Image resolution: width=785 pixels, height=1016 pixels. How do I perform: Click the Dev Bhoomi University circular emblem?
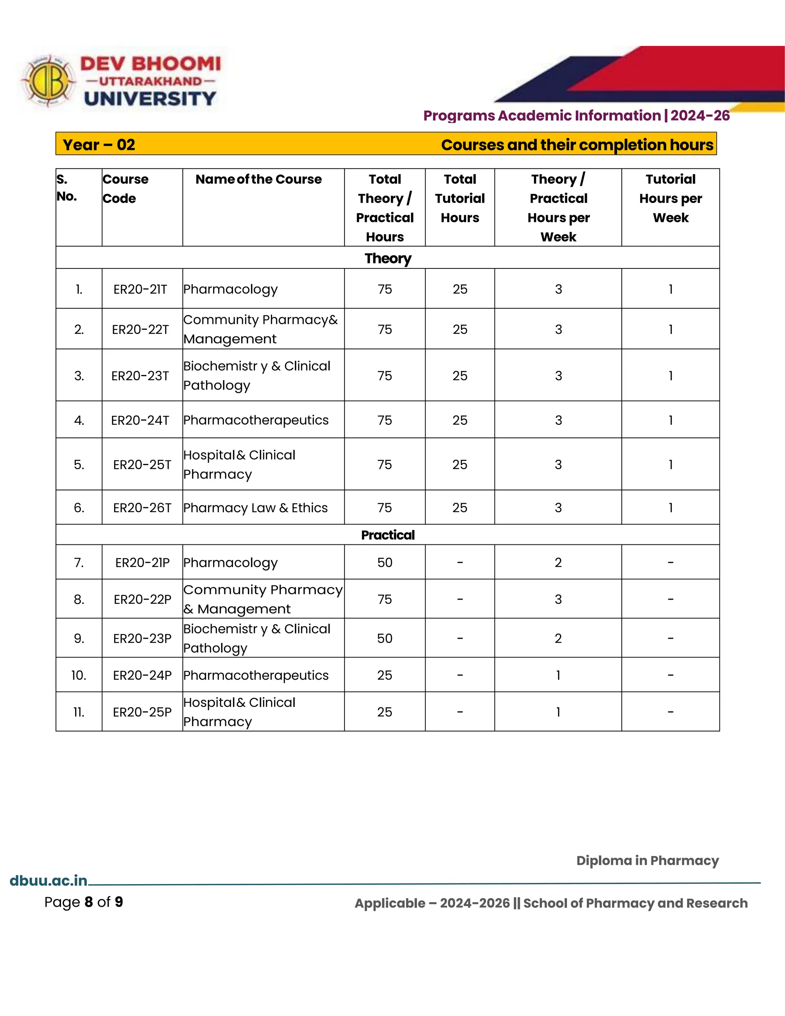48,81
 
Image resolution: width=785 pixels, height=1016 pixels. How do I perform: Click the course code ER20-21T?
140,289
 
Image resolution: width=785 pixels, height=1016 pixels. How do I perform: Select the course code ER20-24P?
142,675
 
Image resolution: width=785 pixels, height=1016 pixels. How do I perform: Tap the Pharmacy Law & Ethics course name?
255,508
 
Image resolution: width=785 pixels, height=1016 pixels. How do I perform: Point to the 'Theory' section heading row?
388,258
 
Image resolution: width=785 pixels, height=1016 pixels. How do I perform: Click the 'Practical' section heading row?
388,535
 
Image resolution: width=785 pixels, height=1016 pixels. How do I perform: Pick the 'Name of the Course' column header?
259,179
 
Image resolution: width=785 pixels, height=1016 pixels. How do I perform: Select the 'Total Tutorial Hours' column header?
460,198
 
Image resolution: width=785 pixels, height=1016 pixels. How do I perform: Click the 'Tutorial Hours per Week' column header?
670,198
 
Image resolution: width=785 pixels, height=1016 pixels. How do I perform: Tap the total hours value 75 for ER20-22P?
384,599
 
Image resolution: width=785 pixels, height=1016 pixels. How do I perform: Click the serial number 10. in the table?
79,675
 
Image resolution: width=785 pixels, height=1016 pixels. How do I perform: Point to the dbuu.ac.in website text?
48,881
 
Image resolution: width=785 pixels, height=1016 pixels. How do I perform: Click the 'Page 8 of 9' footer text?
84,902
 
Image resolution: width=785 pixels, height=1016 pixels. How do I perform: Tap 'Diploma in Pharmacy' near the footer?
647,861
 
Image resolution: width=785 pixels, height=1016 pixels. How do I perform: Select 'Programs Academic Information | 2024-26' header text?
576,115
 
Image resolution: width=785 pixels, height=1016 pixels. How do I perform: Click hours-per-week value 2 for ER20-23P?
558,638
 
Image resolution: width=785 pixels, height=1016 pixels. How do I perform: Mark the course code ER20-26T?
142,508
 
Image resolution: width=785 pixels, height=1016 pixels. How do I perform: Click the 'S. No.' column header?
67,187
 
